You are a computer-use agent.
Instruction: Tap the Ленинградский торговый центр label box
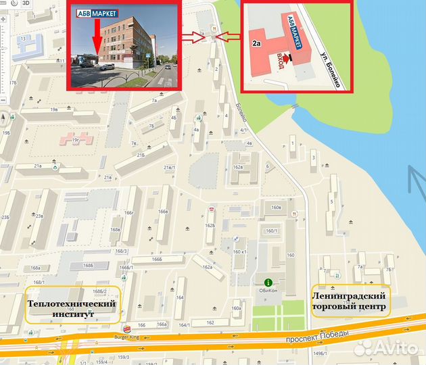[350, 301]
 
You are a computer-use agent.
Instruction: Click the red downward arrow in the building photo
[97, 37]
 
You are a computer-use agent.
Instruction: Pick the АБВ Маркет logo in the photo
[95, 13]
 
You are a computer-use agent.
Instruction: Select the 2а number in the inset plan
[256, 43]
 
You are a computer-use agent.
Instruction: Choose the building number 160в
[276, 208]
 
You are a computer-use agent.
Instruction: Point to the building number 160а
[236, 309]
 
